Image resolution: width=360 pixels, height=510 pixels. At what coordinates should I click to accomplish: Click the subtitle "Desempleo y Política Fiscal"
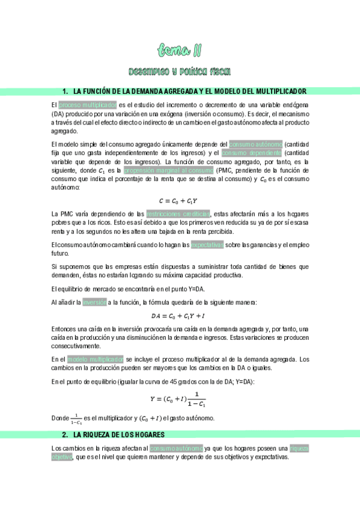[x=180, y=72]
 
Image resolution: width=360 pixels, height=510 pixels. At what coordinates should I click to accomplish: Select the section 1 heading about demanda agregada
[x=185, y=91]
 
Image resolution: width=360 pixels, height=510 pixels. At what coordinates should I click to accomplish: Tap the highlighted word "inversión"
[x=94, y=303]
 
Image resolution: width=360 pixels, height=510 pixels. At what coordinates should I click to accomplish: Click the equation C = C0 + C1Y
[x=179, y=200]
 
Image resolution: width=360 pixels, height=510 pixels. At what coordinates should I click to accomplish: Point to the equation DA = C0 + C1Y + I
[x=179, y=316]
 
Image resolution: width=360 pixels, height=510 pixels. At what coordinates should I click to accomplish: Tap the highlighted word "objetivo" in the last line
[x=62, y=456]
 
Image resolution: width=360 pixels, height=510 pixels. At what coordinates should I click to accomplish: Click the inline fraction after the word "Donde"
[x=76, y=419]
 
